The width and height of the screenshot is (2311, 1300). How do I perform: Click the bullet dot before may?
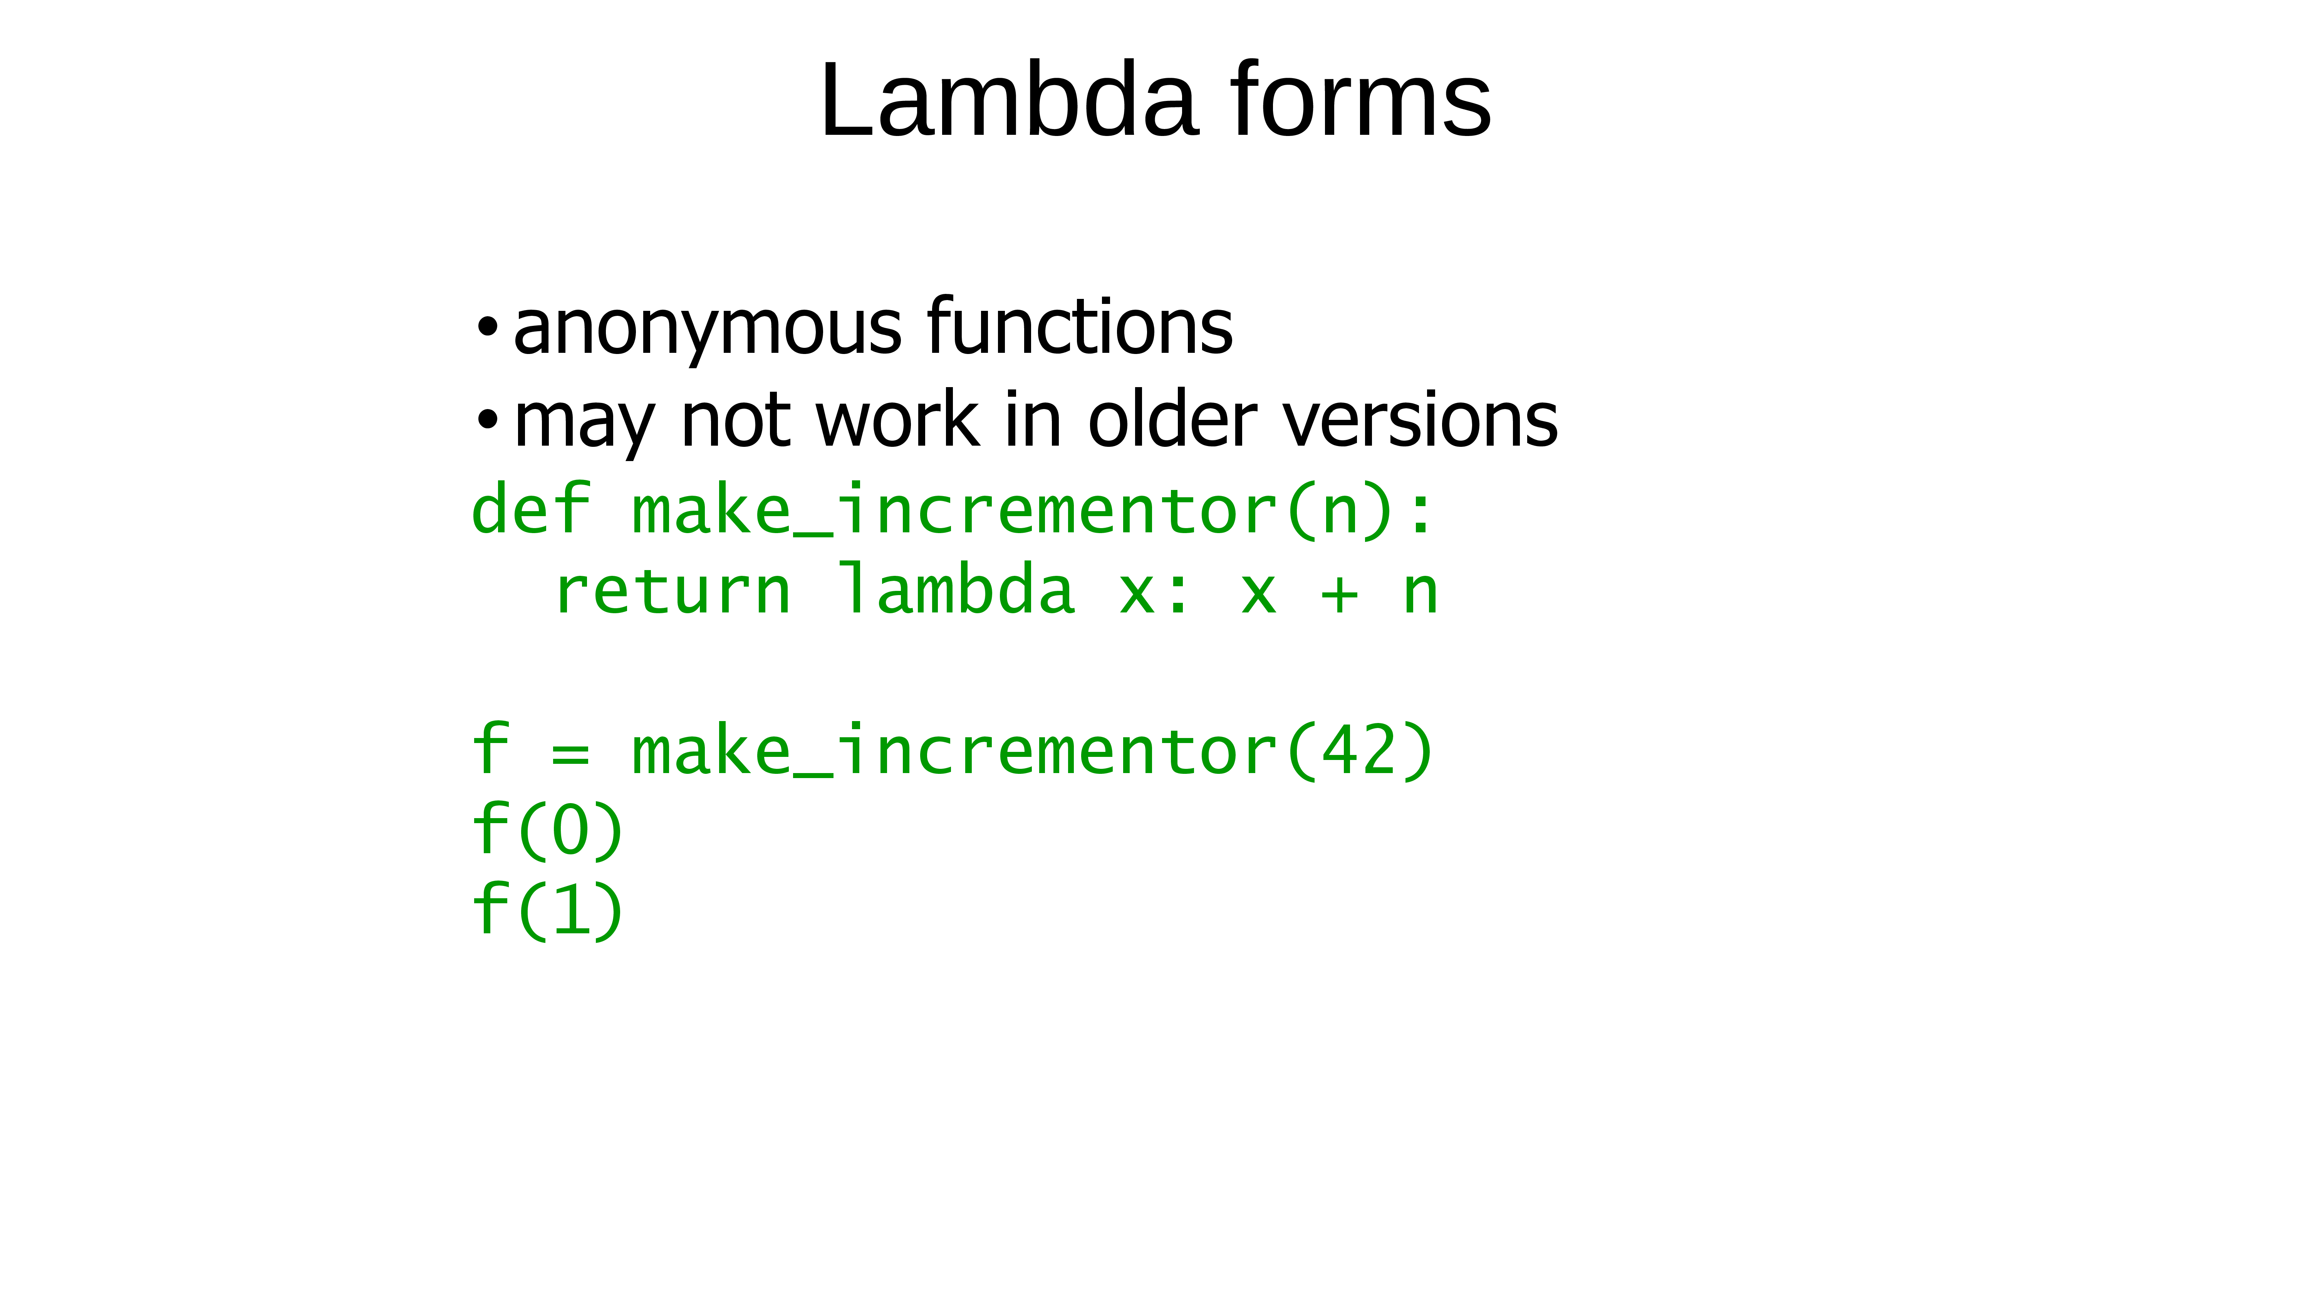487,419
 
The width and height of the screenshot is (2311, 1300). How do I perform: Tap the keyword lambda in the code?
956,588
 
